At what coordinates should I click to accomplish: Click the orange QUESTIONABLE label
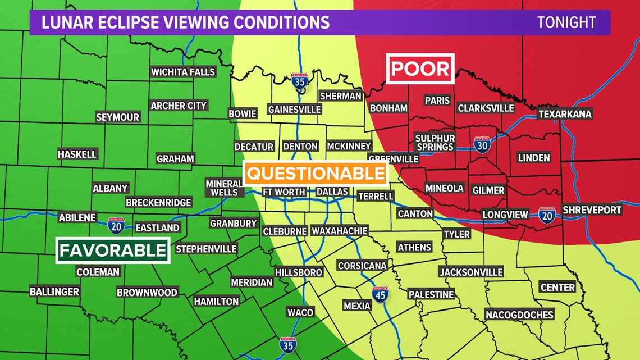[x=316, y=174]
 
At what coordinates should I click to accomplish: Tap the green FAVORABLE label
[x=113, y=250]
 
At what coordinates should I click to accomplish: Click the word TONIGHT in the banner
[x=566, y=22]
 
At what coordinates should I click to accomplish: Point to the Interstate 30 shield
[x=482, y=145]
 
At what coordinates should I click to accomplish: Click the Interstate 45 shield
[x=381, y=294]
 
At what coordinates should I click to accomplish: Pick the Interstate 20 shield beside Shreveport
[x=547, y=215]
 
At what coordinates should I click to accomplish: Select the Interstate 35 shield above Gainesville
[x=300, y=82]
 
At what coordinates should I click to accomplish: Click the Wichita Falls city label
[x=183, y=72]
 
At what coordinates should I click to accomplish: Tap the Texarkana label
[x=565, y=114]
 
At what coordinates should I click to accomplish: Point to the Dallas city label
[x=332, y=192]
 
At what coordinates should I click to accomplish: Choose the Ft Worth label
[x=284, y=192]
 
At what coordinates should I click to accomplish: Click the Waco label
[x=300, y=312]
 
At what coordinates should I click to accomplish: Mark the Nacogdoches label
[x=519, y=315]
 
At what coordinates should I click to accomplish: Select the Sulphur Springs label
[x=435, y=142]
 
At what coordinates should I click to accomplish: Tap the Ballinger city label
[x=54, y=291]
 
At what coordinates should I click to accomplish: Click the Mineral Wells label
[x=224, y=188]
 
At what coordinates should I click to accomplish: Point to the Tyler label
[x=456, y=234]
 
